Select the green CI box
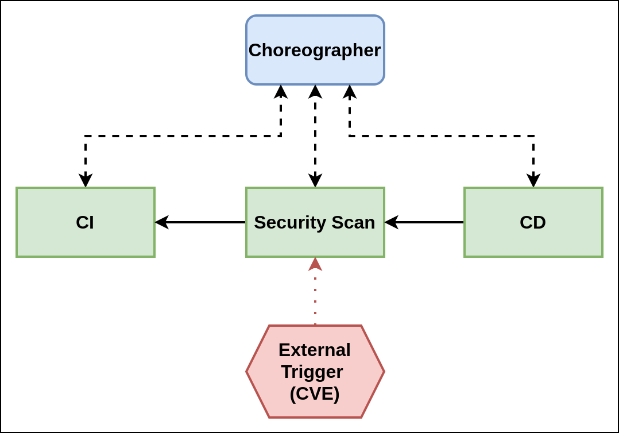point(85,222)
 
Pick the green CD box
point(533,222)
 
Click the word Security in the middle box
point(290,222)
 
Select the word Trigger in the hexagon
point(312,372)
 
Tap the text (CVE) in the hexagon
point(315,393)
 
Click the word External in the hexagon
point(315,350)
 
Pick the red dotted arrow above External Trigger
point(315,299)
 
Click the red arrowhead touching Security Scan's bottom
point(315,264)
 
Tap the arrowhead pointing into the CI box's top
point(86,180)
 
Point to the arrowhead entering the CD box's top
point(533,180)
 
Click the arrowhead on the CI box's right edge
point(162,222)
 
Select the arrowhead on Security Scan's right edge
point(392,222)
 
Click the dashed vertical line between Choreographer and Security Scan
point(315,136)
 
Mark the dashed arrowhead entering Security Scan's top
point(315,180)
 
